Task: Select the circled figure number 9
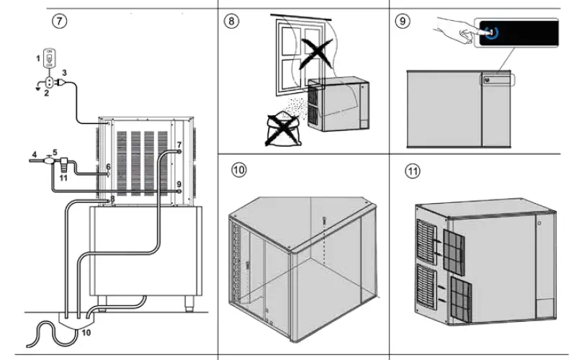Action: pyautogui.click(x=403, y=20)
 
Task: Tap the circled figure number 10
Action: pyautogui.click(x=238, y=170)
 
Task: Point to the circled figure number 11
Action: pyautogui.click(x=412, y=171)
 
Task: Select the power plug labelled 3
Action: pyautogui.click(x=60, y=84)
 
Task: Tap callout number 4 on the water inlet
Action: pyautogui.click(x=33, y=153)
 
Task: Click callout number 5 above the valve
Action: pyautogui.click(x=54, y=153)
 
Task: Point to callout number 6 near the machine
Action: pyautogui.click(x=108, y=166)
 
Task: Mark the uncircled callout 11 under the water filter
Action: pyautogui.click(x=63, y=176)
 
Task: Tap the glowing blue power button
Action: pyautogui.click(x=490, y=32)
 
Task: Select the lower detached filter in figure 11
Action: pyautogui.click(x=458, y=299)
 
